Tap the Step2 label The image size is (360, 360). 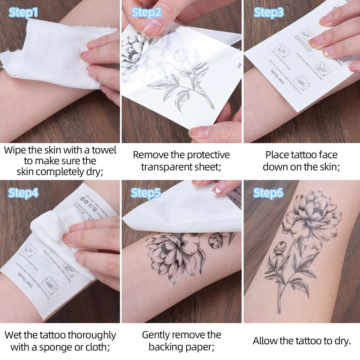pos(146,12)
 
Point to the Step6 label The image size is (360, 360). pos(268,193)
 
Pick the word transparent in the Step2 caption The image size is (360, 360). pos(167,167)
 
